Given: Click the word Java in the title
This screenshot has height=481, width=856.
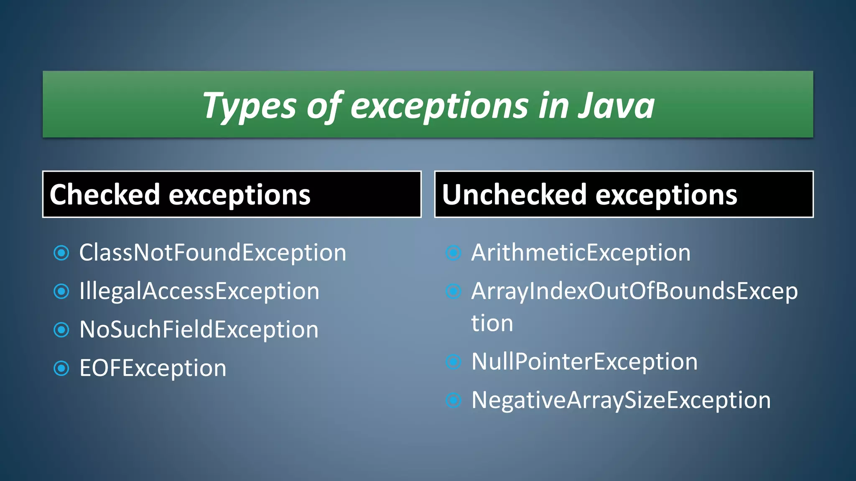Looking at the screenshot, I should click(x=617, y=106).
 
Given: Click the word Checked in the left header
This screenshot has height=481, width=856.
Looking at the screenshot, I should click(x=104, y=195).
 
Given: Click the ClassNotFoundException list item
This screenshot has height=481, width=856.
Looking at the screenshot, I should click(x=213, y=253).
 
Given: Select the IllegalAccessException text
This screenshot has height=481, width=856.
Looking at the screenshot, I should click(x=199, y=291).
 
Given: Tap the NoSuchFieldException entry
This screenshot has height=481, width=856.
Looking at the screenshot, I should click(x=199, y=330).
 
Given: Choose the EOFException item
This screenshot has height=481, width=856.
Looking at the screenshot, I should click(x=153, y=368).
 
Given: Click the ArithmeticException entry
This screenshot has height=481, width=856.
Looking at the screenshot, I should click(x=581, y=253).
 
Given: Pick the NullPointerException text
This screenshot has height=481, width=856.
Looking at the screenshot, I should click(x=584, y=362).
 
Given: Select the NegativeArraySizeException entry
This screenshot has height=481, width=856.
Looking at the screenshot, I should click(x=621, y=400).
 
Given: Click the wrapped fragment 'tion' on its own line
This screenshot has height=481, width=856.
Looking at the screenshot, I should click(x=492, y=324).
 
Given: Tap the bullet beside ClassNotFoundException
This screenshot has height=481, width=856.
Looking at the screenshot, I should click(x=61, y=253).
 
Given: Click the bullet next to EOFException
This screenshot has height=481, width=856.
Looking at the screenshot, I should click(x=61, y=368).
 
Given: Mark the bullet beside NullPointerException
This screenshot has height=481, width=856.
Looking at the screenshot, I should click(x=453, y=362).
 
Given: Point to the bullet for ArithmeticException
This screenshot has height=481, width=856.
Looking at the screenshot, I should click(x=453, y=253).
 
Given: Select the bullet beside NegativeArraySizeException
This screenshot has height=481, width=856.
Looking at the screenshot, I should click(x=453, y=400).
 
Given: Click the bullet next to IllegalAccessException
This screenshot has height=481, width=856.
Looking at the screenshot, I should click(x=61, y=291).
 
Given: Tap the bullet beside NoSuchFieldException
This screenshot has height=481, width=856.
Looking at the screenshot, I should click(x=61, y=330).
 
